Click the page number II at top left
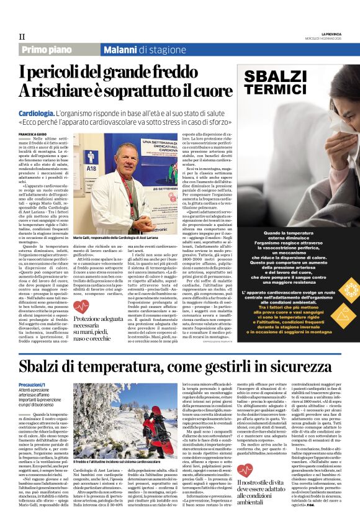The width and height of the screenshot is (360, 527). (22, 36)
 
